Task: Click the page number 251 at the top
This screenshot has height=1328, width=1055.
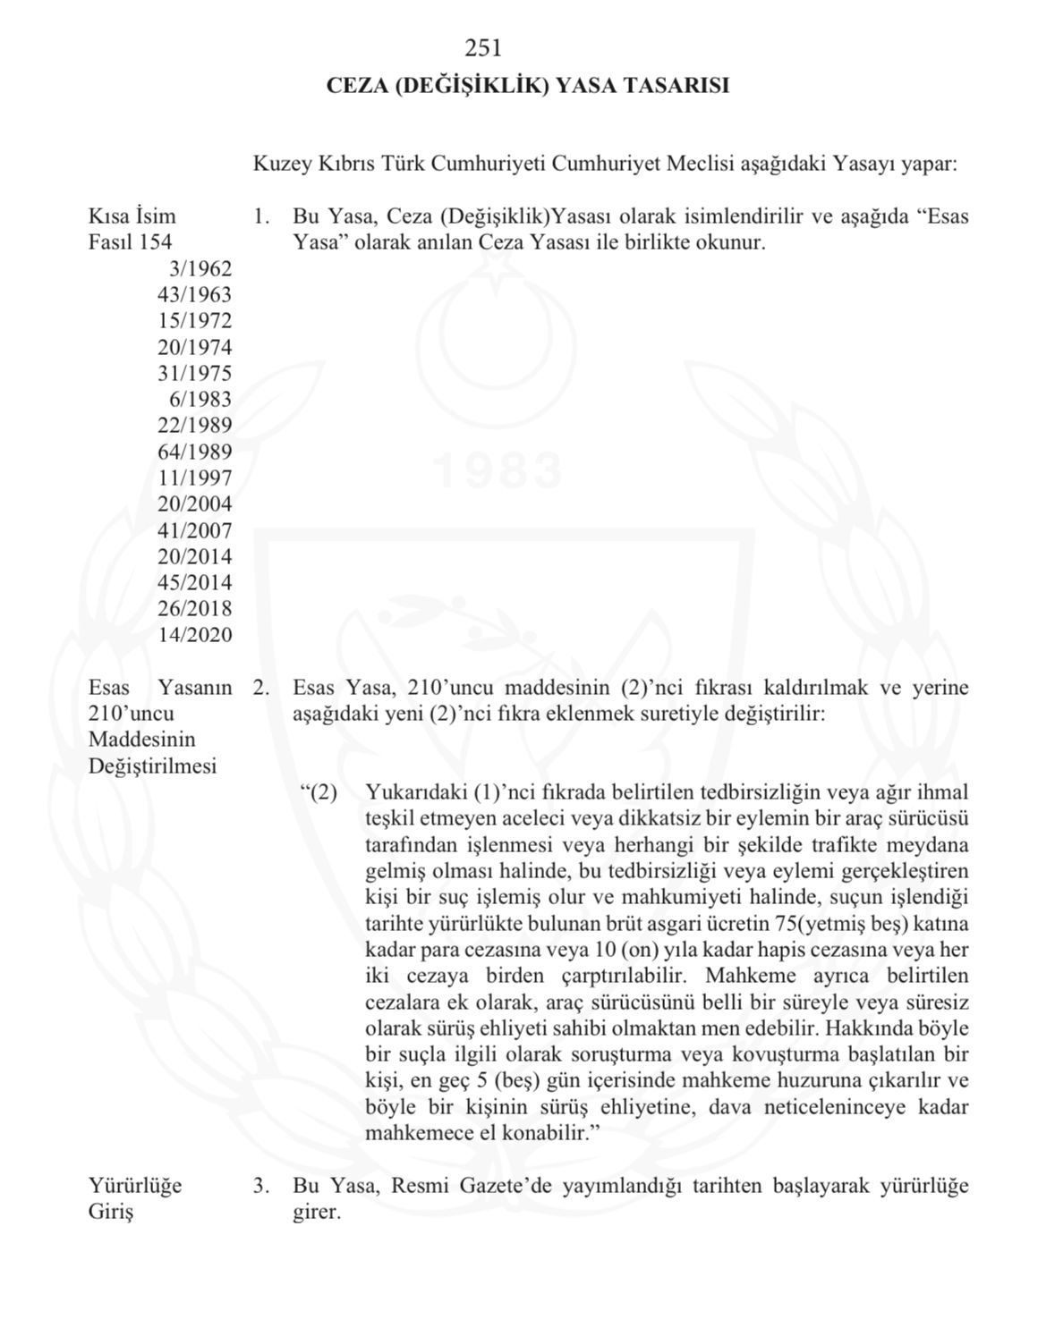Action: click(483, 47)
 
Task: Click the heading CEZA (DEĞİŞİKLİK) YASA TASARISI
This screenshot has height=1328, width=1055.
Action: click(527, 86)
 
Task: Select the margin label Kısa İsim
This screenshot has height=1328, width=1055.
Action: click(132, 216)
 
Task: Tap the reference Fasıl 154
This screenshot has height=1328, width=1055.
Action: click(130, 242)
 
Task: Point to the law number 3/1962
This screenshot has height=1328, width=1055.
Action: click(200, 268)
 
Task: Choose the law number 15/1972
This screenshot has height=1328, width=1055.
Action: click(194, 321)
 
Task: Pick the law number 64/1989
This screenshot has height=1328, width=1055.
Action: click(194, 452)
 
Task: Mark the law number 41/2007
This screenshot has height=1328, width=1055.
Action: click(194, 530)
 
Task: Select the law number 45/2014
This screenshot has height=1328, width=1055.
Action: click(194, 583)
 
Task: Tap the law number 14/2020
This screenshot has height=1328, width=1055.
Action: click(194, 636)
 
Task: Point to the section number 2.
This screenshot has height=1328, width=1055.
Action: click(260, 689)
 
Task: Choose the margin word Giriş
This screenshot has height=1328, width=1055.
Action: click(110, 1213)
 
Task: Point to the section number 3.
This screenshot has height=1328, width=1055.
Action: click(260, 1187)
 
